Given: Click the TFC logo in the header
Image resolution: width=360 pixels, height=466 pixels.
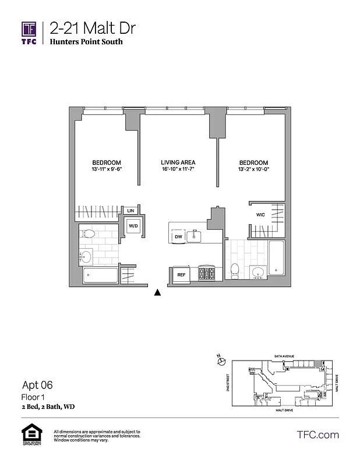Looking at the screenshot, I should pos(29,33).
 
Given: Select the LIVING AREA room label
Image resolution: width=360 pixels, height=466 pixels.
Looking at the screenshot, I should pos(178,163).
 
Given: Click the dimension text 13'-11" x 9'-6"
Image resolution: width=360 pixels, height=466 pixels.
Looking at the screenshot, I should pos(107,170).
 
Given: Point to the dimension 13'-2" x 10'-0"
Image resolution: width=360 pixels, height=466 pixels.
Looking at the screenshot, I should pos(253,170).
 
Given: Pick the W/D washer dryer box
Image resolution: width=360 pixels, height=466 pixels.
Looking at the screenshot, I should pos(133,225).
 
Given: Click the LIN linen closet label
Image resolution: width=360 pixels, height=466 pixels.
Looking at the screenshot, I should pos(131,210).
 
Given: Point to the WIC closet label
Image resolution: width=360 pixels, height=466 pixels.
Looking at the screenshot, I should pos(260,215).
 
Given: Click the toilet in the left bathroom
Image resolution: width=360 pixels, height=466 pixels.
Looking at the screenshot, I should pos(88,235).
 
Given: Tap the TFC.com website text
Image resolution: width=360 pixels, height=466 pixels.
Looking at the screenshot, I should pos(317,435).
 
